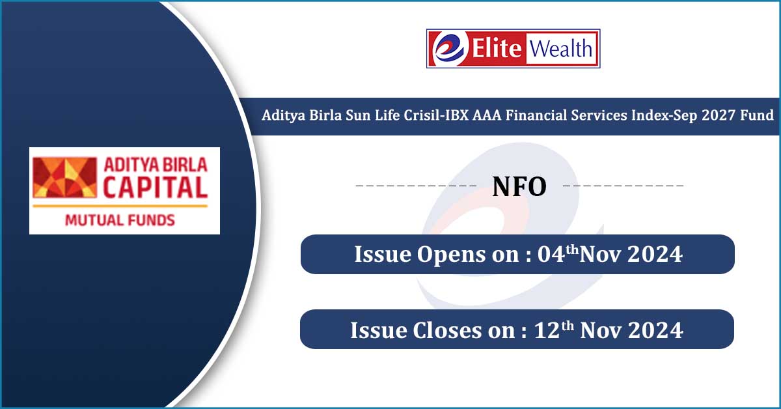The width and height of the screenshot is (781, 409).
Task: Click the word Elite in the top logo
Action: [495, 49]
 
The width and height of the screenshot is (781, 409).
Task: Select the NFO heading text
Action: [519, 187]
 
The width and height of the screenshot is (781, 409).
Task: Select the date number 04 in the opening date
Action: [549, 255]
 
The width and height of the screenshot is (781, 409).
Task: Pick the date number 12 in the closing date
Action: [545, 330]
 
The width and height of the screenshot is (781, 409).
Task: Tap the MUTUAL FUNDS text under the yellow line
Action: [120, 219]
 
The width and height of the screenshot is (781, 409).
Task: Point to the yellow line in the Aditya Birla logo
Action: [120, 206]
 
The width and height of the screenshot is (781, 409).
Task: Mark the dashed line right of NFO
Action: [623, 187]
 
